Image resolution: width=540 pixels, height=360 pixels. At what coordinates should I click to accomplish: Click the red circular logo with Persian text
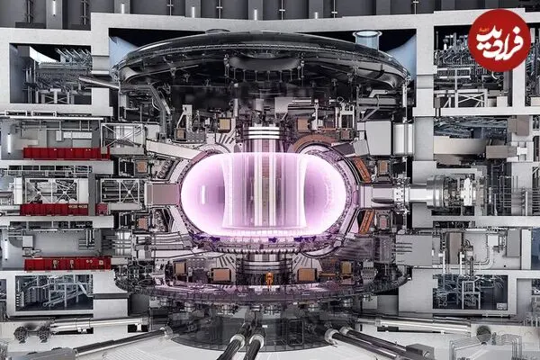[499, 40]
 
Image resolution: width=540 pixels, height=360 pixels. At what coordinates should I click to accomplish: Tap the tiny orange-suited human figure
[268, 278]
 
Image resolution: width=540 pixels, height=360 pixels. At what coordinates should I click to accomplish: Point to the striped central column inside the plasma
[264, 190]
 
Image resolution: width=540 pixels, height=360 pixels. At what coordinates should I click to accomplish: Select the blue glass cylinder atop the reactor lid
[367, 38]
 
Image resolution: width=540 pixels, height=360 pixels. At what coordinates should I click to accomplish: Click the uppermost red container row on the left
[66, 153]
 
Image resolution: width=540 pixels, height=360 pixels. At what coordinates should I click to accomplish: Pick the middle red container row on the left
[54, 210]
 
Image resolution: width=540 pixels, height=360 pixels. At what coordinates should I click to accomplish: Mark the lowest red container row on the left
[67, 264]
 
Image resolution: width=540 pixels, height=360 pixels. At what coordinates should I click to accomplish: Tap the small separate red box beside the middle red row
[102, 209]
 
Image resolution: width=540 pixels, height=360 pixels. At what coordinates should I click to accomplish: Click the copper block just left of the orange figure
[220, 275]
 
